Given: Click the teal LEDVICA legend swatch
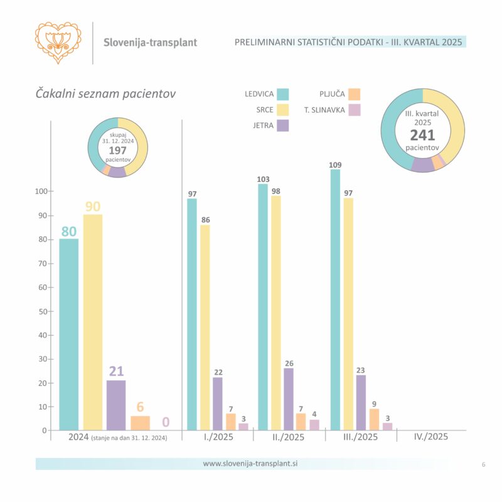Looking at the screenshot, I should (282, 95).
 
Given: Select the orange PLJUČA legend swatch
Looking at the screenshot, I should (355, 95).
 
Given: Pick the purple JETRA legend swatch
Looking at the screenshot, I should (282, 124).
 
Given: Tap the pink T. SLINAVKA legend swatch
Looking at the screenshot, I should (355, 110).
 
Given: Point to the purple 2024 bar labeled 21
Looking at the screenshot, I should (116, 405).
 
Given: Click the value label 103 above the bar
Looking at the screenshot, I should (262, 179).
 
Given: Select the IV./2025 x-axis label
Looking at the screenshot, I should (431, 437).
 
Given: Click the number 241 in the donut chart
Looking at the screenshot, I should (422, 135).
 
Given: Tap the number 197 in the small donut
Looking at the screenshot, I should (117, 151).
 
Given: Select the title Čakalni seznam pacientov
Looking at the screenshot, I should (105, 93).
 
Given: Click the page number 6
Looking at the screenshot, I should (483, 464).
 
